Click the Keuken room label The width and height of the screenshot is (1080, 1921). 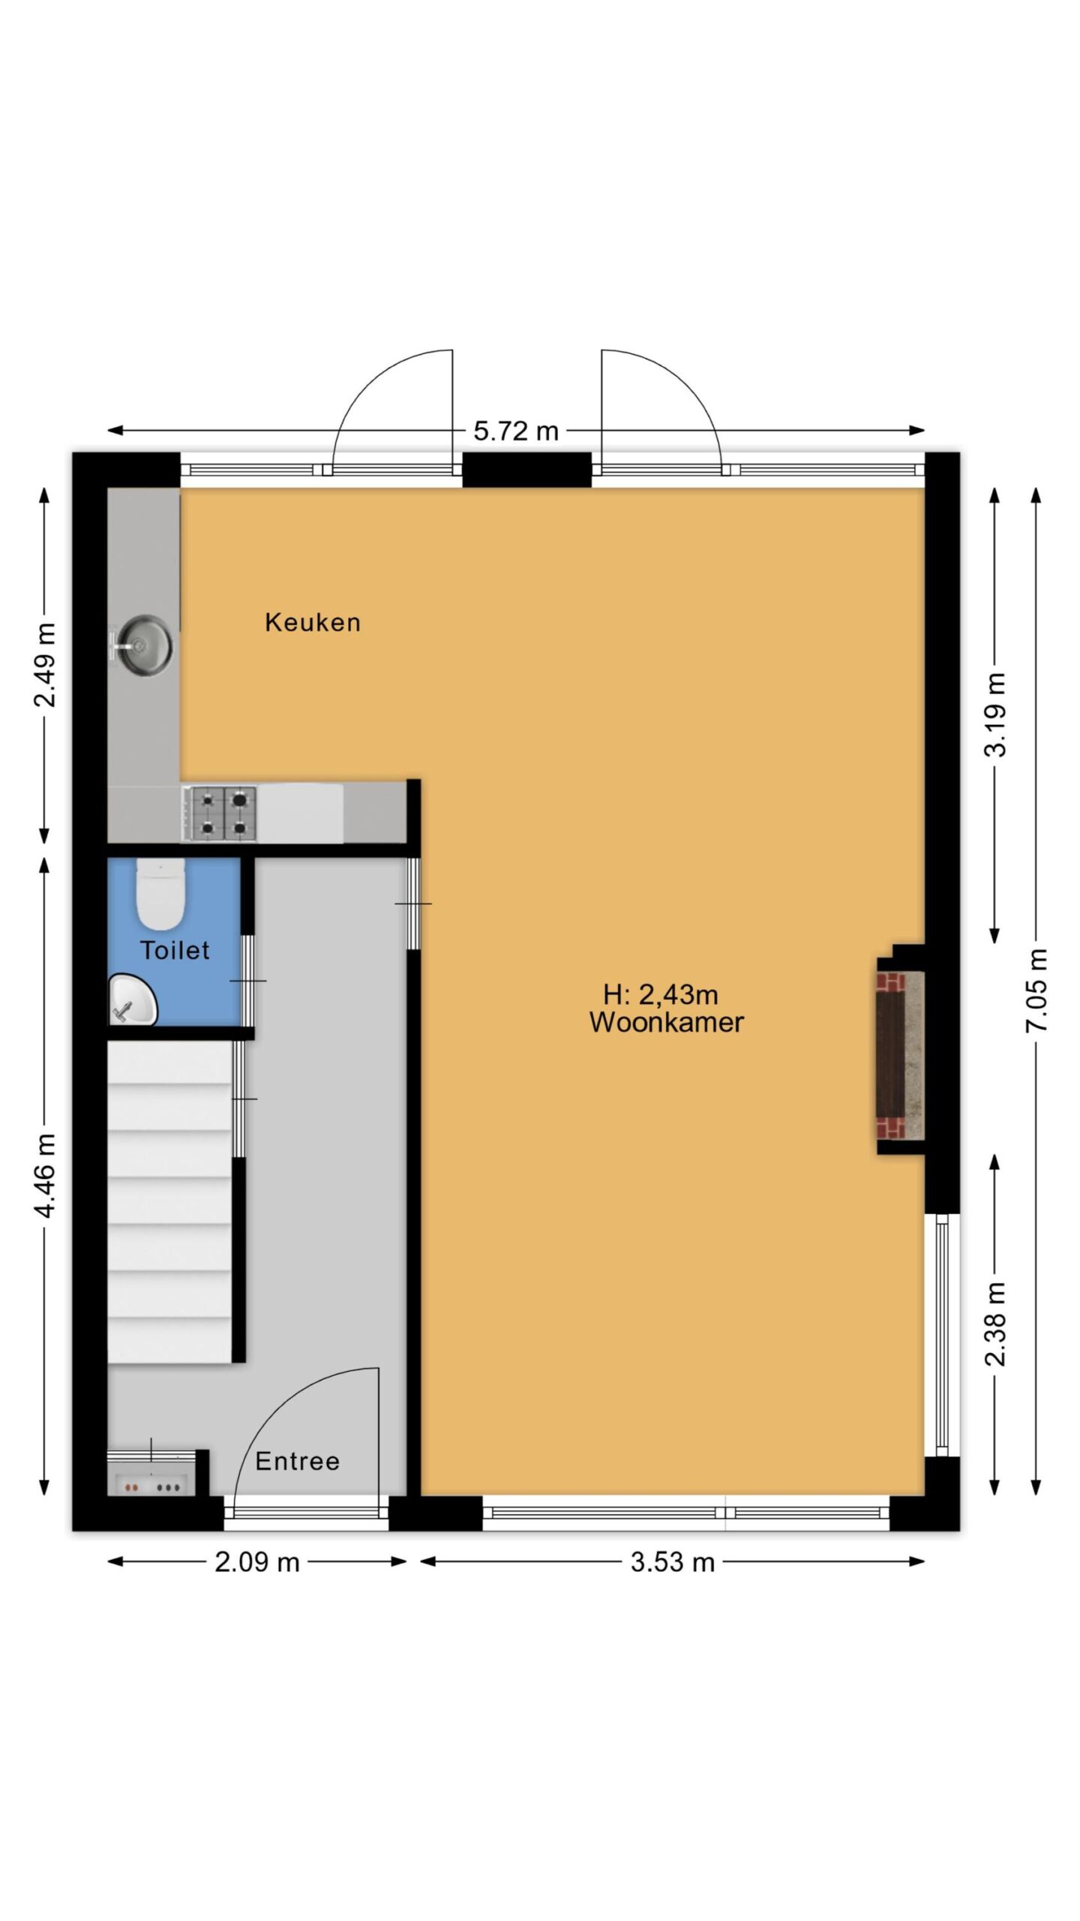312,622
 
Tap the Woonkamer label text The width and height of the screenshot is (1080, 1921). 666,1023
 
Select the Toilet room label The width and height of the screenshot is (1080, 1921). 175,951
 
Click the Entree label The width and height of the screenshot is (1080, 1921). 297,1461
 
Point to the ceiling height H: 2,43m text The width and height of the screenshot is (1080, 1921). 660,995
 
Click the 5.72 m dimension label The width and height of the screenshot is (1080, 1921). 515,431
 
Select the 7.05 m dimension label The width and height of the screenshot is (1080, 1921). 1036,990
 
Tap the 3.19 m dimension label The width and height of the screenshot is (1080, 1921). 995,714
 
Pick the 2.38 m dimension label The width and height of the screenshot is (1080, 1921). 995,1324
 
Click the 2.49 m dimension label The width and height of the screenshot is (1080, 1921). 45,665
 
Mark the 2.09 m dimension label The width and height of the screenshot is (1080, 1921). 256,1562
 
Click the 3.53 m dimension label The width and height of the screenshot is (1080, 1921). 672,1562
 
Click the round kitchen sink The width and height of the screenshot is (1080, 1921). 145,645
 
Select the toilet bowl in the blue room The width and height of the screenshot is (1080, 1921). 160,896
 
